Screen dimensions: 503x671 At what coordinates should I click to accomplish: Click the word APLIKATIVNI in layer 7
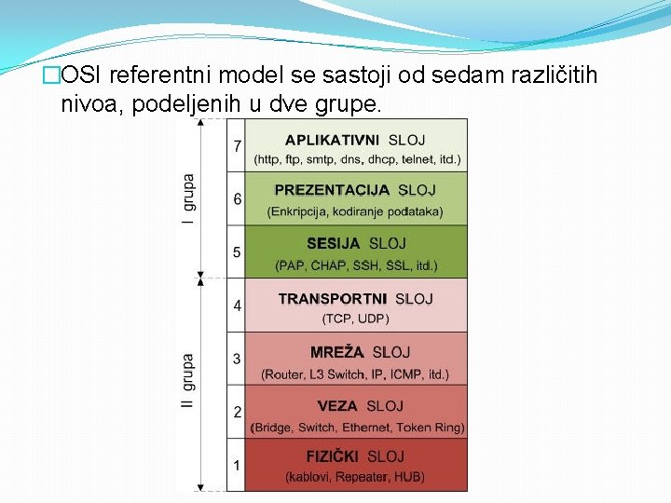pos(332,140)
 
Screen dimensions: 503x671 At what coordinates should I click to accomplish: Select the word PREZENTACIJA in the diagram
pos(332,190)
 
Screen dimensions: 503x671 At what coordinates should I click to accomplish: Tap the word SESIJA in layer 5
pos(333,244)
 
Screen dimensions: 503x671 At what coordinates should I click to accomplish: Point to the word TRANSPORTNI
pos(333,299)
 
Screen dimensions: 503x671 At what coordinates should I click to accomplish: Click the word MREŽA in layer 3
pos(336,353)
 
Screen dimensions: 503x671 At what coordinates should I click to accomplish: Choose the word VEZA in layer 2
pos(337,406)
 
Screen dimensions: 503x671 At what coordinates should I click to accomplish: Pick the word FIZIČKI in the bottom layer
pos(333,456)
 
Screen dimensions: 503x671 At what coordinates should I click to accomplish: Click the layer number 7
pos(238,145)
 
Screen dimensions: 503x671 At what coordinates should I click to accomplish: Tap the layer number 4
pos(238,305)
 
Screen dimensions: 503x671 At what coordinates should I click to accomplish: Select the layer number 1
pos(237,464)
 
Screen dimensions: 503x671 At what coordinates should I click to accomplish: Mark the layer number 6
pos(238,198)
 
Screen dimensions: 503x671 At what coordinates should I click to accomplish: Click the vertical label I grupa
pos(189,198)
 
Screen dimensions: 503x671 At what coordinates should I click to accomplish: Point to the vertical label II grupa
pos(189,384)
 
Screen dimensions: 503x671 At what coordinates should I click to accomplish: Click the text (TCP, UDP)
pos(355,319)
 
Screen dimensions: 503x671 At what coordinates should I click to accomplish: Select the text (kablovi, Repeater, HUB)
pos(354,477)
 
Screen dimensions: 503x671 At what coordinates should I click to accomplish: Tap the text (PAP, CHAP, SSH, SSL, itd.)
pos(355,265)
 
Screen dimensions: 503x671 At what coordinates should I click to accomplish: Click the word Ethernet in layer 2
pos(367,428)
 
